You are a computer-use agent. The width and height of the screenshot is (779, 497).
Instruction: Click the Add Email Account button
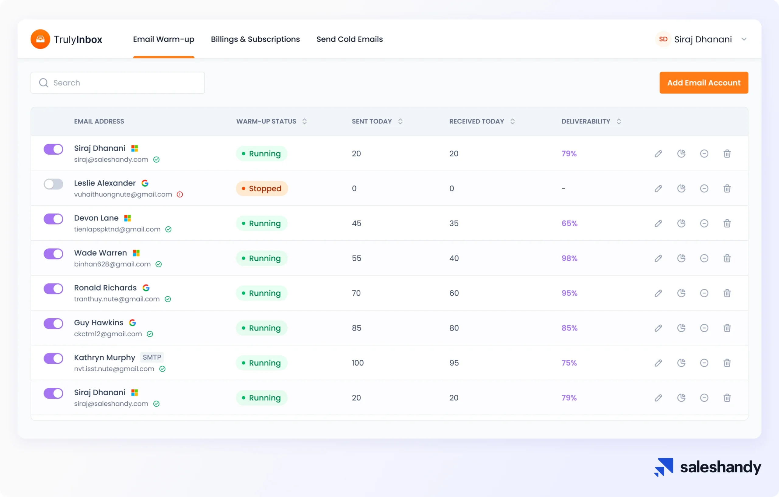704,83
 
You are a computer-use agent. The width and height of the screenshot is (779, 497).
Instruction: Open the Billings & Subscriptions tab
255,39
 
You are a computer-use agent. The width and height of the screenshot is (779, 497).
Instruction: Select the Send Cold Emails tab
349,39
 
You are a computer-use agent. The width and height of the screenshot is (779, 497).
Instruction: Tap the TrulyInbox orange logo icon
40,39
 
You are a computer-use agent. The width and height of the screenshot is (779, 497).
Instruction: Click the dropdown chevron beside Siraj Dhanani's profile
744,39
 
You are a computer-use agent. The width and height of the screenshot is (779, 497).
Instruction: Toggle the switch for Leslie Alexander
53,184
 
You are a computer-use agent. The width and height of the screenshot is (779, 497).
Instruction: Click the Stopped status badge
262,189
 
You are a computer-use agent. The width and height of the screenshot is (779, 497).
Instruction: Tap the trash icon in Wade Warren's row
727,258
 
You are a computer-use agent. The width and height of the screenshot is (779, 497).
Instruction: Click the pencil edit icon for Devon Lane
658,224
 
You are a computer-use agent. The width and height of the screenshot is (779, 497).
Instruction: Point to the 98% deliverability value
569,258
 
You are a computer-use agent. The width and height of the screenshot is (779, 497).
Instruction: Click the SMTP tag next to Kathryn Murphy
152,357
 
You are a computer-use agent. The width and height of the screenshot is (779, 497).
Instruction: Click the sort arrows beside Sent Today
400,122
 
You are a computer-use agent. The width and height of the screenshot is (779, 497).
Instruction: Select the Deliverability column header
585,122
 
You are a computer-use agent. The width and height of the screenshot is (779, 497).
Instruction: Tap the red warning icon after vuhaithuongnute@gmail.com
180,194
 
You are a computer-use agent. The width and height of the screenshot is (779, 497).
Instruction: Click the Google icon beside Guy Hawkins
132,323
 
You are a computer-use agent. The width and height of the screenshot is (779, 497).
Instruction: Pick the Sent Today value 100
358,363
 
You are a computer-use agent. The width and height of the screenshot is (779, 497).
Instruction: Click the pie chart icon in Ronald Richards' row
681,293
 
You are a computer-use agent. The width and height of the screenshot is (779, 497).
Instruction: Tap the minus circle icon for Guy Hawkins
704,328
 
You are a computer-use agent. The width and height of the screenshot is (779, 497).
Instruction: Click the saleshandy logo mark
663,467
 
